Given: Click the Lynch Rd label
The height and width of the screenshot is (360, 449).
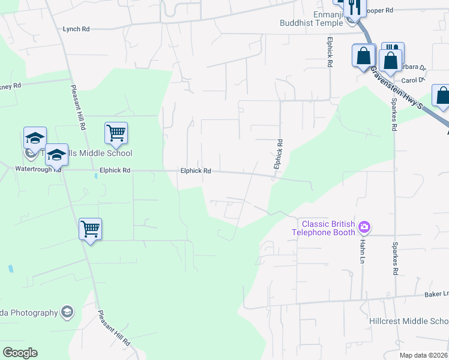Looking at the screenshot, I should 76,29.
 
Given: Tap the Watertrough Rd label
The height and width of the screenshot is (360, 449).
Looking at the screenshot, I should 38,169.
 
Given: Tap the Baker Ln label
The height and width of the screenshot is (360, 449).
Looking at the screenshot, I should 436,294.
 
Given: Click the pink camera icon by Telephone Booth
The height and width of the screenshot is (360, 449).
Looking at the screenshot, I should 364,227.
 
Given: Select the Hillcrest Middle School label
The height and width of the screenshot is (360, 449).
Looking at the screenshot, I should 409,321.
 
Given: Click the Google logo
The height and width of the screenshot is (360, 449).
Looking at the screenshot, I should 20,353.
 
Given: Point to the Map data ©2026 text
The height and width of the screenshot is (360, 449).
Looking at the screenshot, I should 423,355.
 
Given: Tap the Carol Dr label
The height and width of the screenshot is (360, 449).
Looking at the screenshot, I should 412,80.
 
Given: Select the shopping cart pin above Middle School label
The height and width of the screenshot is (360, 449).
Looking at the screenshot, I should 116,133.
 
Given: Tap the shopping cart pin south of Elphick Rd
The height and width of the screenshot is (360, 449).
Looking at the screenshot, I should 90,229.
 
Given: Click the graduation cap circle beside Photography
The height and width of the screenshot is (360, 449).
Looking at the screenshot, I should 67,312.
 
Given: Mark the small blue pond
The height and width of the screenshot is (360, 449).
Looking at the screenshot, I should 10,269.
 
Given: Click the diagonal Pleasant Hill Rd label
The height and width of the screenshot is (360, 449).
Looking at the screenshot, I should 113,328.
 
